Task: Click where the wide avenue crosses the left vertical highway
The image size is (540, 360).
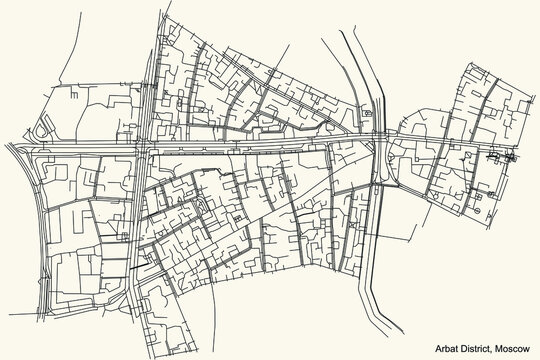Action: pyautogui.click(x=143, y=148)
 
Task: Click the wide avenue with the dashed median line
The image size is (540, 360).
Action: pyautogui.click(x=250, y=151)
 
